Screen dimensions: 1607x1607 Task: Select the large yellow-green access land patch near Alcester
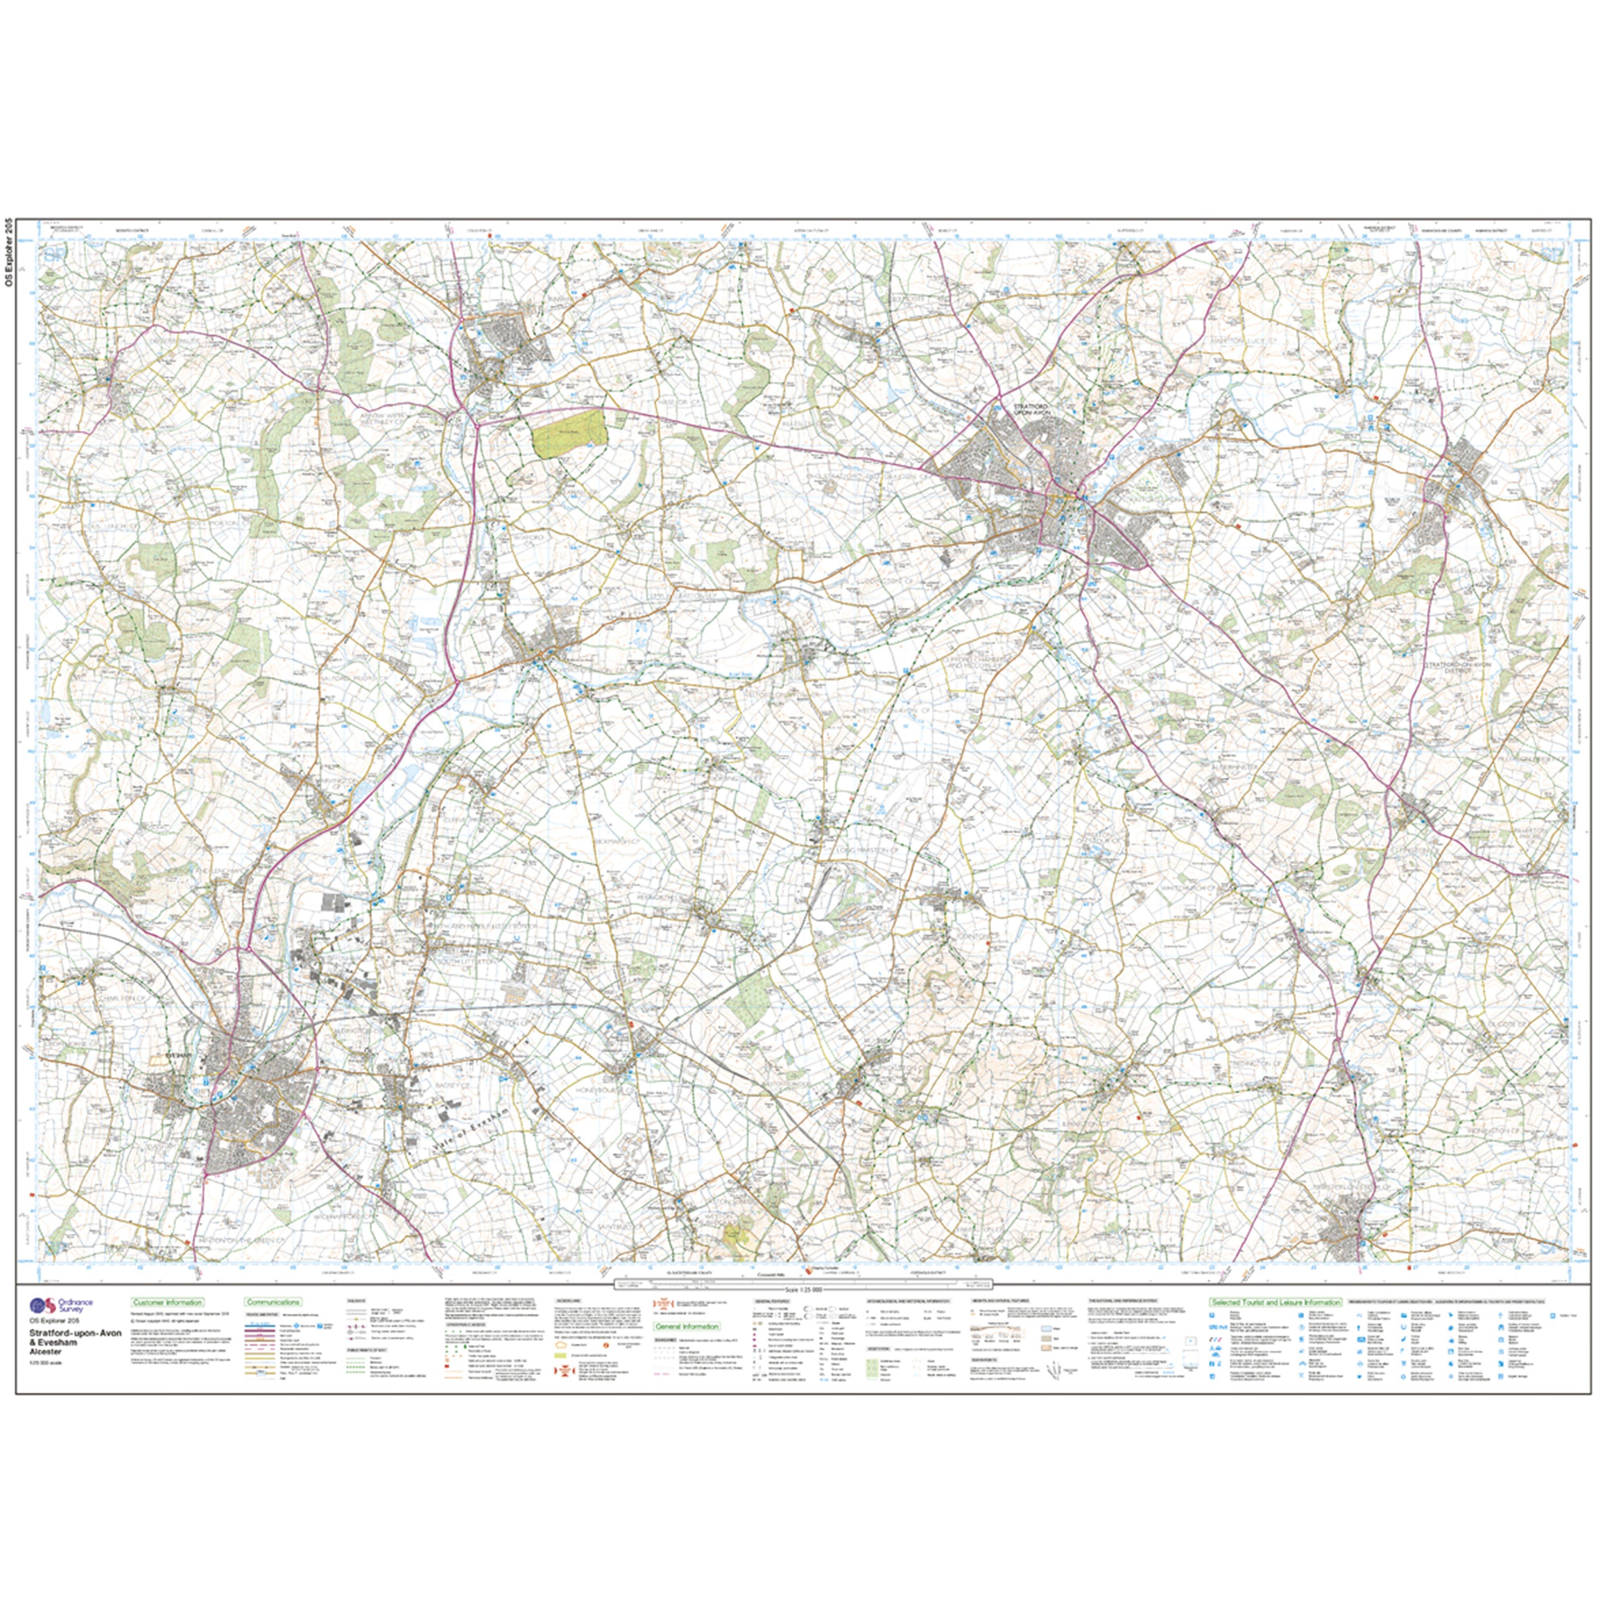(x=570, y=433)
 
